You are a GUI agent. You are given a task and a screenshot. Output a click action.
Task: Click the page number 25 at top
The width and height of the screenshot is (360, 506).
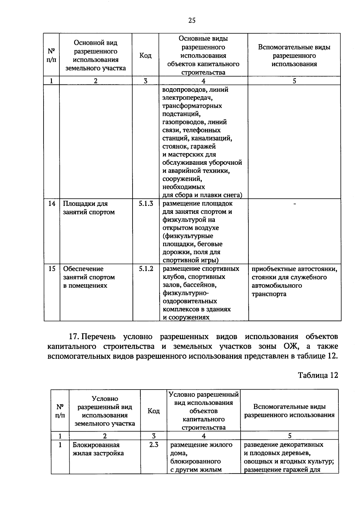click(x=192, y=20)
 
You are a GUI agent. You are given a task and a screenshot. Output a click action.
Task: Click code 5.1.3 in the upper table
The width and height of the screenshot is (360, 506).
click(x=146, y=203)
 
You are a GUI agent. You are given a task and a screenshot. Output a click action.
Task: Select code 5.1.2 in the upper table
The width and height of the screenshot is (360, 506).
click(x=146, y=269)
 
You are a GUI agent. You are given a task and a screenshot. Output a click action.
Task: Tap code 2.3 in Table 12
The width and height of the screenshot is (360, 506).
click(x=154, y=445)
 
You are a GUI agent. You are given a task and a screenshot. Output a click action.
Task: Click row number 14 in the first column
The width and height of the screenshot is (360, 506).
click(x=52, y=203)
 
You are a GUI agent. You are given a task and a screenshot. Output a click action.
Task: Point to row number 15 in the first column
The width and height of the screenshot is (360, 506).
click(x=52, y=269)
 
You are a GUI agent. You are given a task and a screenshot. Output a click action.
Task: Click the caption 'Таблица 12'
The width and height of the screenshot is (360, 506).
click(x=318, y=375)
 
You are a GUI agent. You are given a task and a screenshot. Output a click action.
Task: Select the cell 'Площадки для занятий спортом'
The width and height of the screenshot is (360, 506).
click(x=89, y=208)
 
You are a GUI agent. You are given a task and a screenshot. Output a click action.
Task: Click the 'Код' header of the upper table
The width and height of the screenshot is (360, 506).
click(x=145, y=56)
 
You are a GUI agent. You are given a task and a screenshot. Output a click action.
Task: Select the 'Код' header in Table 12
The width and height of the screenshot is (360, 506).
click(x=154, y=411)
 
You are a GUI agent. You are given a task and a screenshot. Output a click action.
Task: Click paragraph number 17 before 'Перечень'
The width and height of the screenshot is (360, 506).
click(x=74, y=337)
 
